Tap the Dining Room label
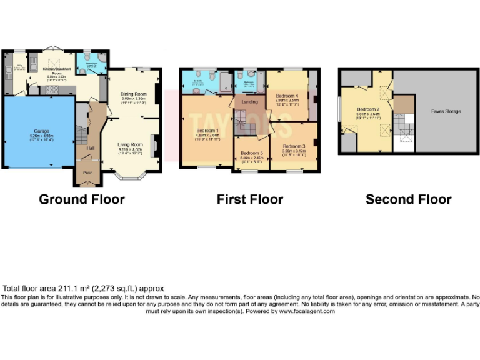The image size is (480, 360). (133, 94)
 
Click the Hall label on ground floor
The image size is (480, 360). (90, 147)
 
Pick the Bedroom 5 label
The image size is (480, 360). (252, 153)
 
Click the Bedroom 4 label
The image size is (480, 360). (288, 95)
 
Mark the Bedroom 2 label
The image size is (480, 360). (367, 109)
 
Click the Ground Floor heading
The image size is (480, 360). (81, 199)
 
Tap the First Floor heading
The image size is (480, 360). (250, 199)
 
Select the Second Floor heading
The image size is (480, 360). (408, 199)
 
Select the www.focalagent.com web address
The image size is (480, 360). (306, 311)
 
